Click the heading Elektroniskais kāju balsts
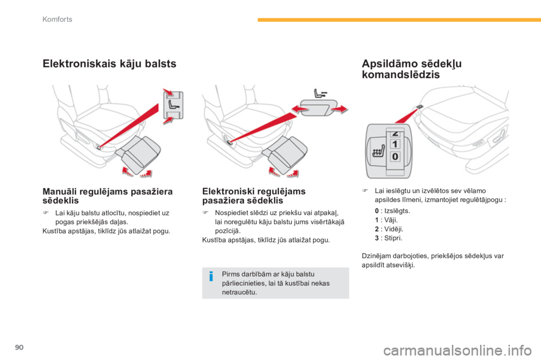tap(109, 64)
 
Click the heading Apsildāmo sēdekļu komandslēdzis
tap(411, 69)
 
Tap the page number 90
tap(19, 347)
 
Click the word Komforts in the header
tap(57, 19)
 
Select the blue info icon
tap(211, 276)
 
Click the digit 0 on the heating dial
tap(395, 157)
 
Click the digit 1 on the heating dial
tap(395, 144)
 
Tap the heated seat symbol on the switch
tap(378, 151)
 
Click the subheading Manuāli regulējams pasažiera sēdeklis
tap(107, 196)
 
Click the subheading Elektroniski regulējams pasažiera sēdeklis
tap(254, 196)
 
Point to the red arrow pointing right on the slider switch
tap(339, 109)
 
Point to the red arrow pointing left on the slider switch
tap(300, 110)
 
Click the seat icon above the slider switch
tap(320, 93)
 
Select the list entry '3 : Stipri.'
tap(388, 238)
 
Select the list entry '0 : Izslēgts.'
tap(392, 211)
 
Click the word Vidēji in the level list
tap(393, 229)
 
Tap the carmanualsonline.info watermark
tap(458, 350)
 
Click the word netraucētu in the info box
tap(240, 292)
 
